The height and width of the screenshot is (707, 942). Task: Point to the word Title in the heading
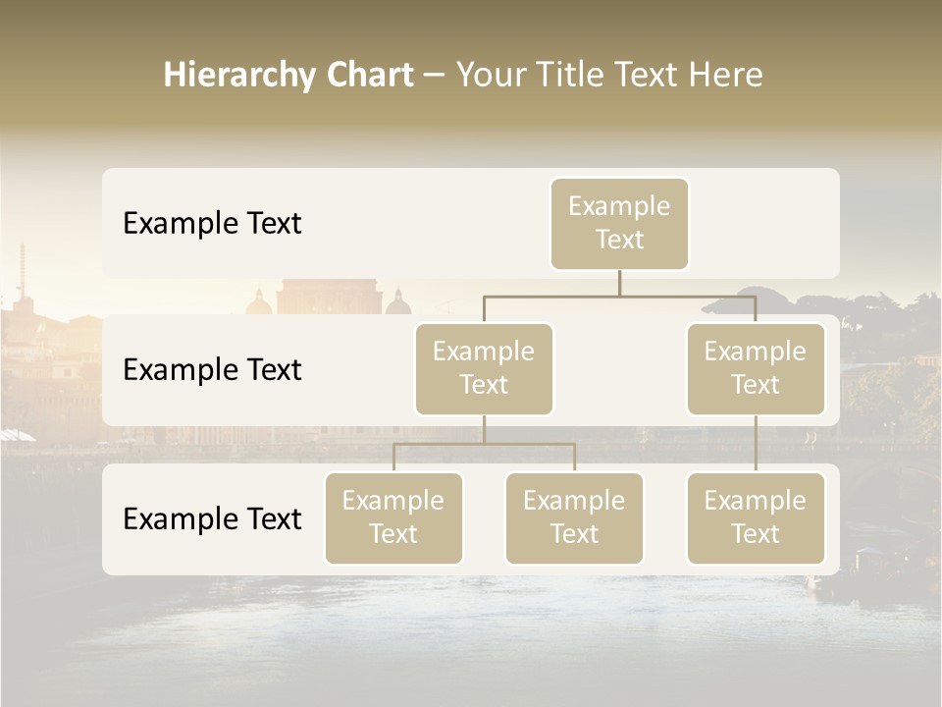572,76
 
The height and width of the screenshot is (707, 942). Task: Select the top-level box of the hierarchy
619,224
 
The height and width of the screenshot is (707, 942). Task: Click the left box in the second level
484,369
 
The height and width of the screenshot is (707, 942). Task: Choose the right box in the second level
756,369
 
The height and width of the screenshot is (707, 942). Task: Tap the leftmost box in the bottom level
393,518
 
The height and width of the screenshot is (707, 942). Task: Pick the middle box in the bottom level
574,518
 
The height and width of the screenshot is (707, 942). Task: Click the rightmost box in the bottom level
756,518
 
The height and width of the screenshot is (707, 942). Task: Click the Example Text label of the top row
212,224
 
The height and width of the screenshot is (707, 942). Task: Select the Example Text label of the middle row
212,370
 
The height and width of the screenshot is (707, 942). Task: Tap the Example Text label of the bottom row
212,519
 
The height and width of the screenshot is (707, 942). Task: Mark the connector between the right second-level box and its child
756,444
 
